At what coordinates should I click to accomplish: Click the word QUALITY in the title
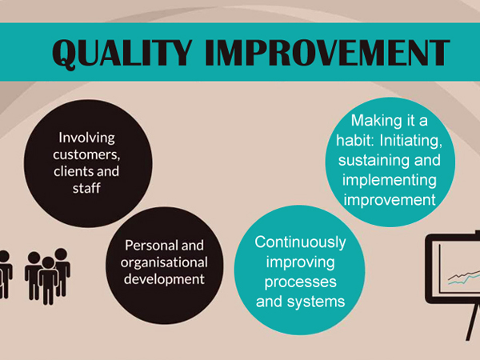122,53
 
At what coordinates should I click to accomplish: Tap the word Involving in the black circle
87,138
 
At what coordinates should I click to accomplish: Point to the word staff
86,188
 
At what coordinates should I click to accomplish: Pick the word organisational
164,262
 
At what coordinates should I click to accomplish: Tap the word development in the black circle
164,279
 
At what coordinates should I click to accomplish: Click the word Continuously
300,242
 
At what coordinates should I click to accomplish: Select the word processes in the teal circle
300,282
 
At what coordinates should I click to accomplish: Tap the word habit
354,141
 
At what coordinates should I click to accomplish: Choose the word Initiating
411,141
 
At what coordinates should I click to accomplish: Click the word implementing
390,180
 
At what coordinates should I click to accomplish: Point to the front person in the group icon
48,281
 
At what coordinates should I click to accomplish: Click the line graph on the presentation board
464,277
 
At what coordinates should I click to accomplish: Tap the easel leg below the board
472,322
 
